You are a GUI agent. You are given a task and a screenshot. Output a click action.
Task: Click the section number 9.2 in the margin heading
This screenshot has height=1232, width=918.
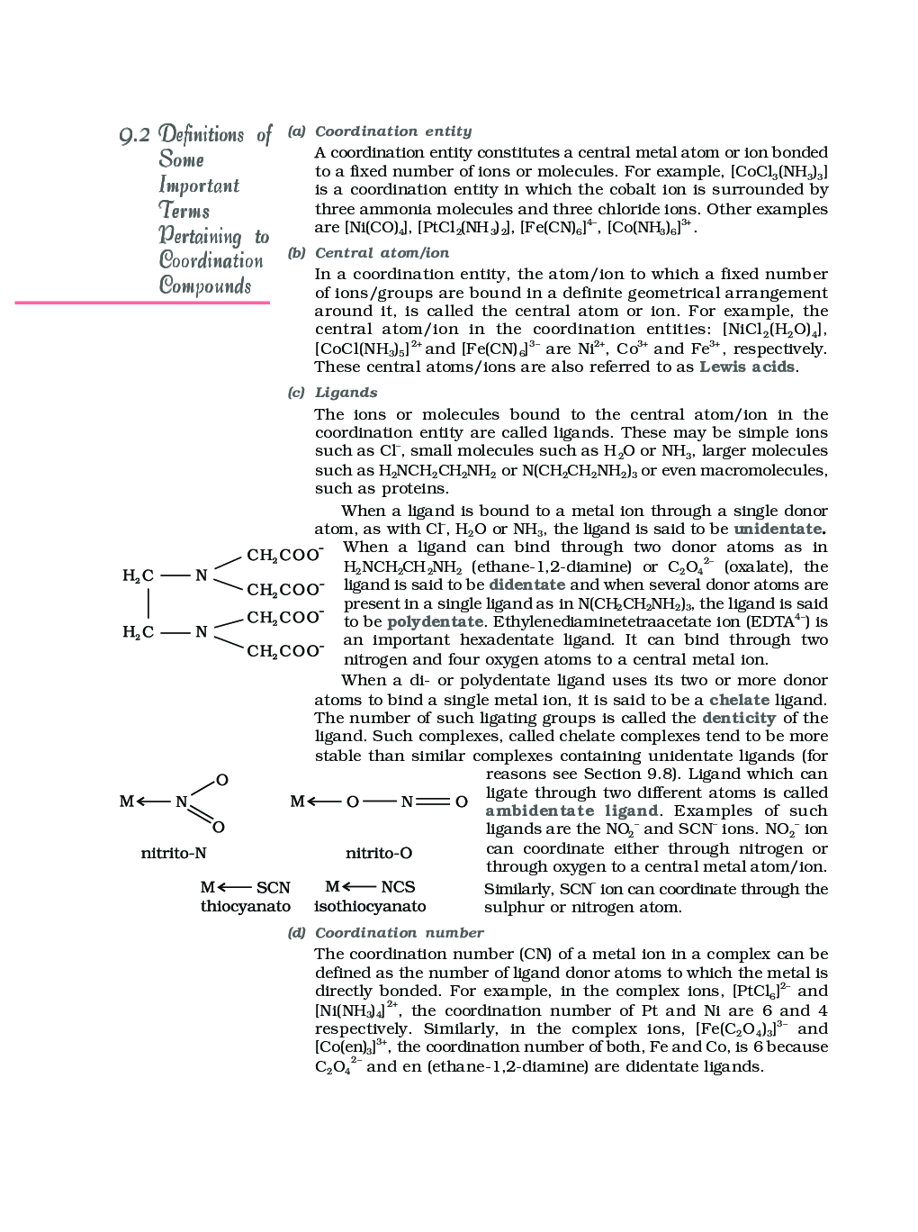pos(135,135)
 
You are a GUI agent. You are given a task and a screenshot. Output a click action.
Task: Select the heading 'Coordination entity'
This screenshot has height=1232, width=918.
pos(392,131)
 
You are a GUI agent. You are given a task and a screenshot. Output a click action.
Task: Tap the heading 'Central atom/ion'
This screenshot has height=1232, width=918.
pos(382,253)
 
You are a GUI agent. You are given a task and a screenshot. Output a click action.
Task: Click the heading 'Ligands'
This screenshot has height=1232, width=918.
pos(346,393)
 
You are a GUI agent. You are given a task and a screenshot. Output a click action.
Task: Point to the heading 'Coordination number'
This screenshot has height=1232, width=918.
pos(399,933)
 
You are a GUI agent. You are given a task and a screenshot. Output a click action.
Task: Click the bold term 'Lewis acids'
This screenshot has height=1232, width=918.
pos(747,367)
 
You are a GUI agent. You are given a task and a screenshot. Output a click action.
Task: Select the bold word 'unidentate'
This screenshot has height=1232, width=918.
pos(778,529)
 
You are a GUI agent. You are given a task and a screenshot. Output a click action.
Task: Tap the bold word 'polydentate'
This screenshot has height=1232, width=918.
pos(435,621)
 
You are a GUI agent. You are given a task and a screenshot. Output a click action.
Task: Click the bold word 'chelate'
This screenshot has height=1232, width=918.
pos(739,700)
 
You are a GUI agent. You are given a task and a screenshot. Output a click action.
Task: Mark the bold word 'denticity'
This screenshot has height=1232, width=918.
pos(738,718)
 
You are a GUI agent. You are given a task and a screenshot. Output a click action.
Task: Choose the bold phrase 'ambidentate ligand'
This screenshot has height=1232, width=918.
pos(571,811)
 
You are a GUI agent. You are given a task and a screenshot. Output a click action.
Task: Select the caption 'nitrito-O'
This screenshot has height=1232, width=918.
pos(379,853)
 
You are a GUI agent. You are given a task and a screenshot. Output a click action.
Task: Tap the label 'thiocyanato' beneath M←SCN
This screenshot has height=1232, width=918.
pos(245,906)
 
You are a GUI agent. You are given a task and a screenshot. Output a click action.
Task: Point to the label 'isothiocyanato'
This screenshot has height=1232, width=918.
pos(370,906)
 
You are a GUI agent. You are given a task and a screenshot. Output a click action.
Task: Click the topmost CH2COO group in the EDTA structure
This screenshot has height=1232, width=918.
pos(284,555)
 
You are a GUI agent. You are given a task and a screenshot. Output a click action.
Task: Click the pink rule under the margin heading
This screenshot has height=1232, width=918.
pos(142,303)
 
